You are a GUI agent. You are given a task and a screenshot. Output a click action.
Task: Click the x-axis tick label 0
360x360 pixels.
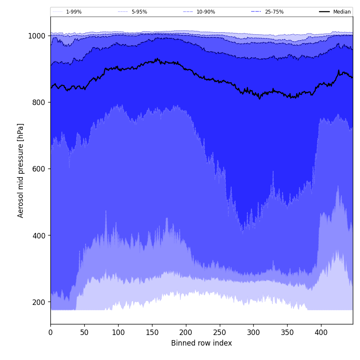50,333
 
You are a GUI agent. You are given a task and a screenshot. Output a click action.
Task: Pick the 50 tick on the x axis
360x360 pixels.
84,333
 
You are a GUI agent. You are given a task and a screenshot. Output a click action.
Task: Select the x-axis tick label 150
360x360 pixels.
152,333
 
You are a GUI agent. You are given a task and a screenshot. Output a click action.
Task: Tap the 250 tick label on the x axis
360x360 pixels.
220,333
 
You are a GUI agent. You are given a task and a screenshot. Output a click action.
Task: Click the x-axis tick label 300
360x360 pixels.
253,333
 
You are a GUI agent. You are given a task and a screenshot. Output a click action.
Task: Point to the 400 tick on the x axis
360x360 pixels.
321,333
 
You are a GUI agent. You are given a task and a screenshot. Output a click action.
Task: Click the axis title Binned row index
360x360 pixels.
202,343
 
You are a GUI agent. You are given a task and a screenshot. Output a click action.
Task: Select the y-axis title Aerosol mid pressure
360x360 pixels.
21,170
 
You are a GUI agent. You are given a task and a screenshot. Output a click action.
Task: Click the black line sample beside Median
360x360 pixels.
325,12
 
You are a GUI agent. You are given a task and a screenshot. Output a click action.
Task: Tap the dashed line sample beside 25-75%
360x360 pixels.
256,12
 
